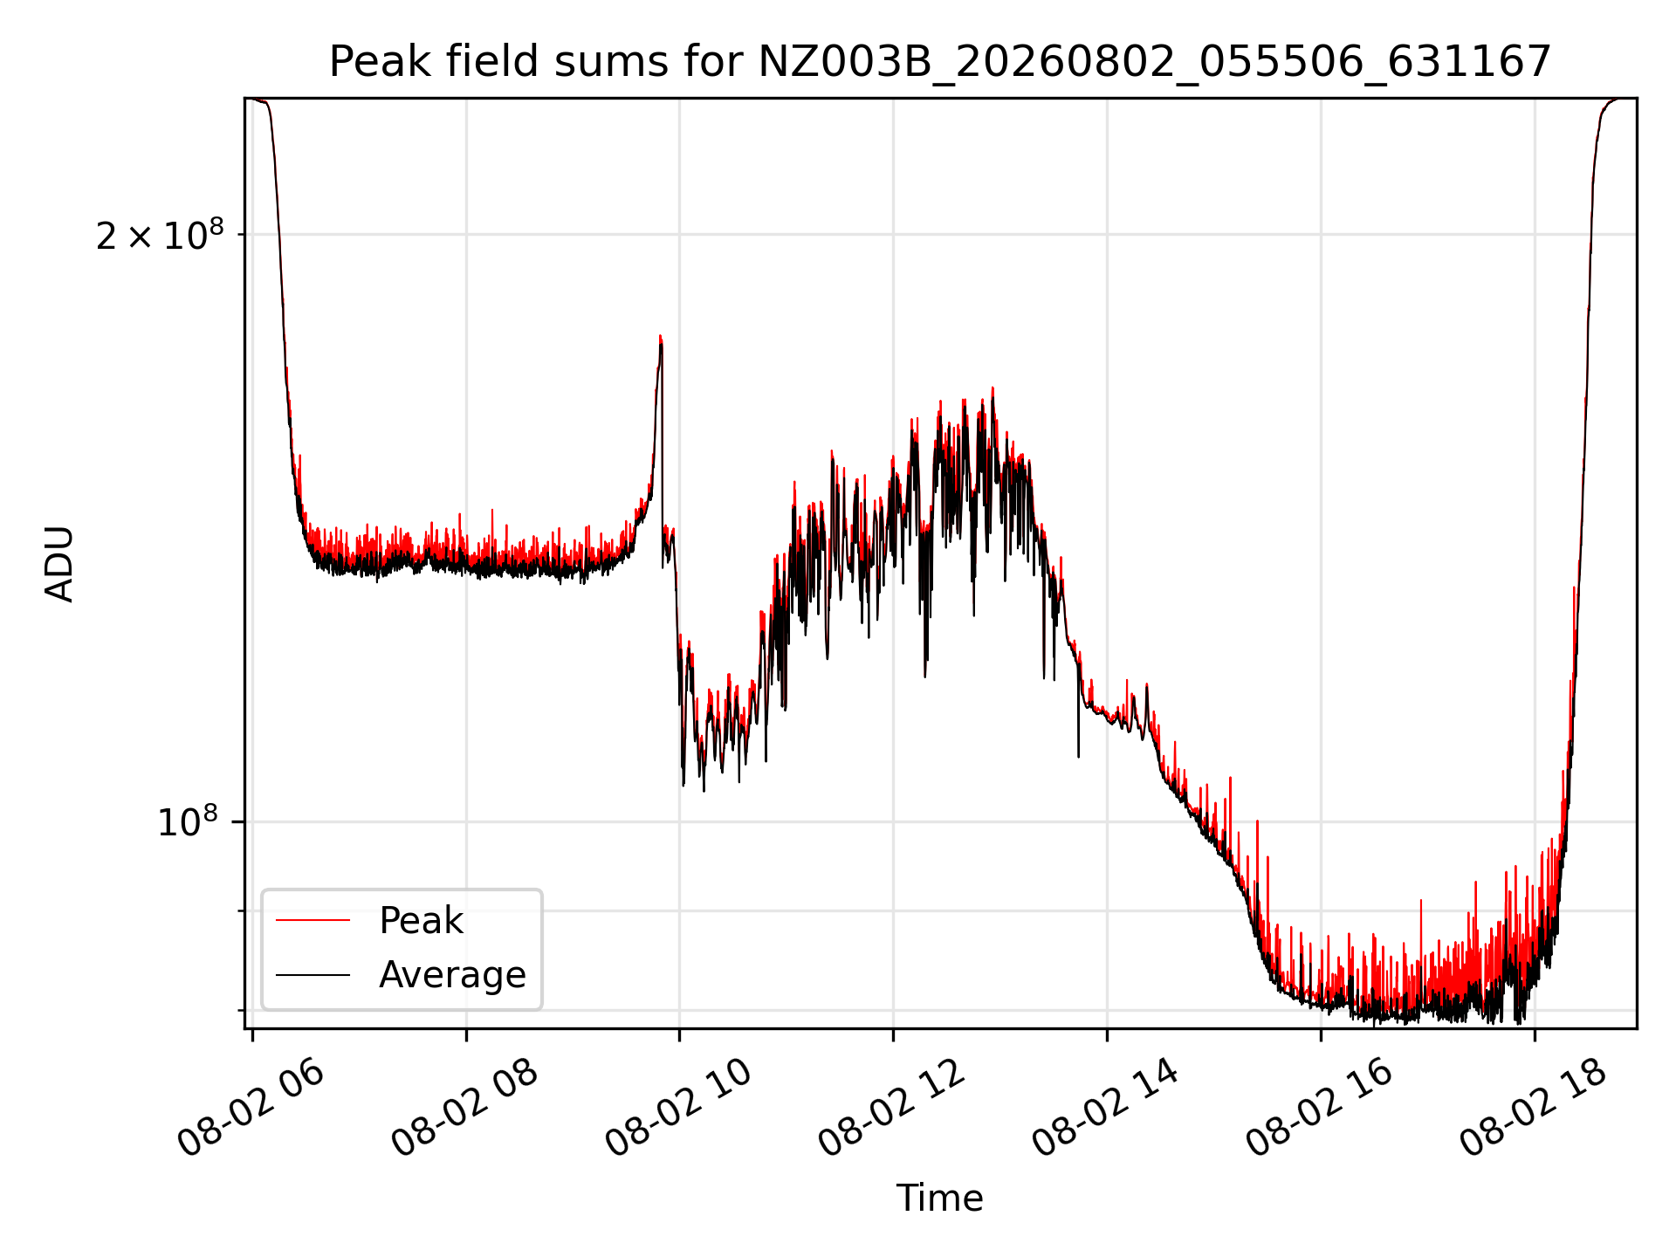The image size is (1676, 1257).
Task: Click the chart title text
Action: pos(940,62)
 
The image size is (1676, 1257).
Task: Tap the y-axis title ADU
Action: pos(59,564)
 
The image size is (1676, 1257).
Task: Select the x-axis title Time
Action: pos(940,1198)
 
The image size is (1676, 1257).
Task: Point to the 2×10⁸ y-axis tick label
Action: pos(160,235)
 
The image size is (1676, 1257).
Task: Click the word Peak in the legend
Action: pos(421,921)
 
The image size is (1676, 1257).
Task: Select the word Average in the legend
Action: pos(452,975)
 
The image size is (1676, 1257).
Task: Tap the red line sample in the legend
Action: pos(313,920)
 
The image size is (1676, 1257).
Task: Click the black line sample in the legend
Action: pos(313,974)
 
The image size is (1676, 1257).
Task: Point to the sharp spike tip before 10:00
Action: pos(660,335)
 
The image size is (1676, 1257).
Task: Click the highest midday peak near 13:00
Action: pos(993,388)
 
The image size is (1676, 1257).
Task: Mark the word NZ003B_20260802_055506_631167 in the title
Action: pos(1155,62)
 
